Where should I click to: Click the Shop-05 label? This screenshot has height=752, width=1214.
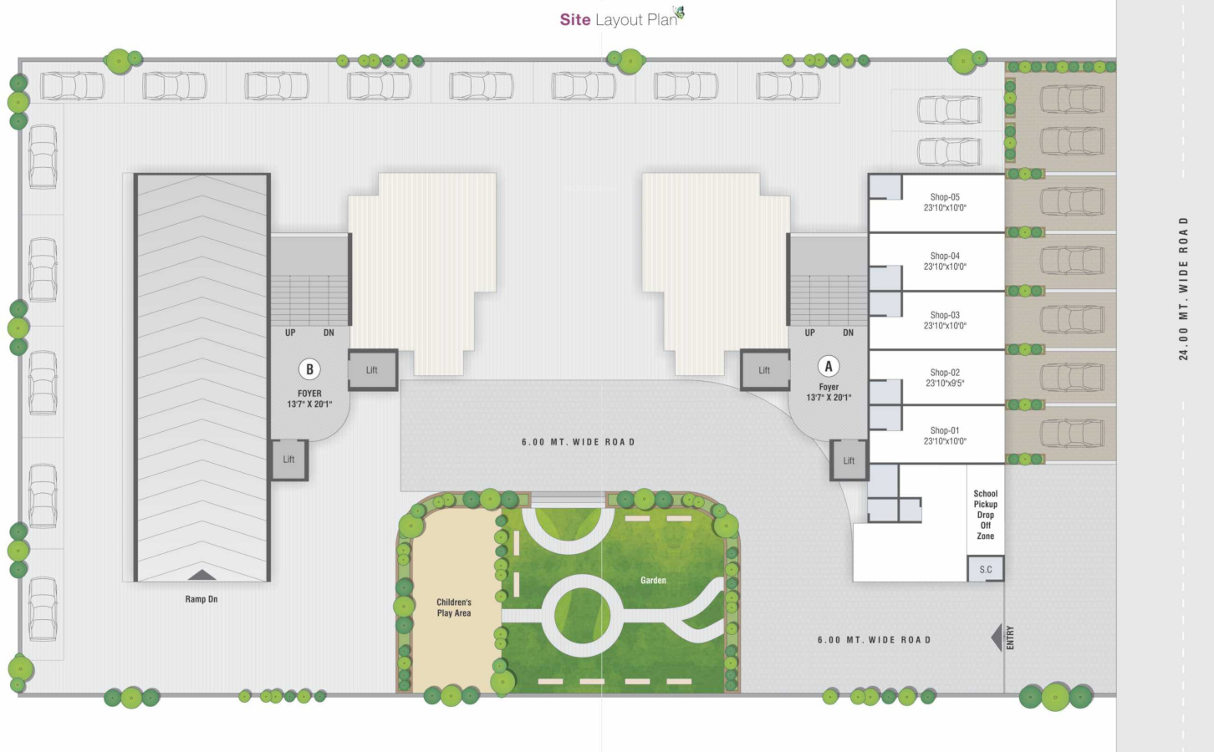tap(945, 197)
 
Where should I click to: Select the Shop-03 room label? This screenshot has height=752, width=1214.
tap(945, 315)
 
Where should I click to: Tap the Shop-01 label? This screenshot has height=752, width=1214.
tap(945, 430)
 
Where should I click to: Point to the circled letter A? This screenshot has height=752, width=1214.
tap(829, 366)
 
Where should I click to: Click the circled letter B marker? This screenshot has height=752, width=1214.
tap(309, 369)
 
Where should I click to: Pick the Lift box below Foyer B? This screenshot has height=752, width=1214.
tap(288, 460)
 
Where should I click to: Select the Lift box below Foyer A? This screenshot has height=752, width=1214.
tap(849, 460)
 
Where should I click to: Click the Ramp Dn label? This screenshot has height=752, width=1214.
tap(201, 599)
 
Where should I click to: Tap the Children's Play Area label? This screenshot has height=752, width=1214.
tap(454, 607)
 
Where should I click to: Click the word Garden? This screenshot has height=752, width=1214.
tap(653, 580)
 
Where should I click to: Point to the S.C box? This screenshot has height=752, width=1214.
tap(986, 570)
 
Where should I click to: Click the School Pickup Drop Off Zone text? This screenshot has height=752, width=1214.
tap(986, 515)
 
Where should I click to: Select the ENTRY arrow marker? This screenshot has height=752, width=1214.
tap(997, 638)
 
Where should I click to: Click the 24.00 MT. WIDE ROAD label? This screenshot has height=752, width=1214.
tap(1183, 288)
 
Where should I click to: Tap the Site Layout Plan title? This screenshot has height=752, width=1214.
tap(619, 19)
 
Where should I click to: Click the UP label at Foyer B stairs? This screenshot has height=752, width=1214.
tap(290, 333)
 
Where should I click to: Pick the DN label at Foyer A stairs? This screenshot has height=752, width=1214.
tap(848, 333)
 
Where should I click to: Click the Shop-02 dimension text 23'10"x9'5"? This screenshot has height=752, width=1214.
tap(945, 384)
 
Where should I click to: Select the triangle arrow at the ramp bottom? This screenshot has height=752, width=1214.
tap(201, 575)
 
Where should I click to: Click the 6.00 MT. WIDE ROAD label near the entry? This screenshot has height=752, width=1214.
tap(874, 640)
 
